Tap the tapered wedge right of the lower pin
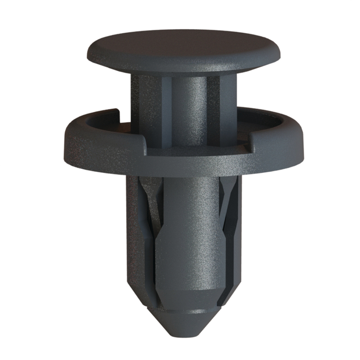(225, 211)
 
